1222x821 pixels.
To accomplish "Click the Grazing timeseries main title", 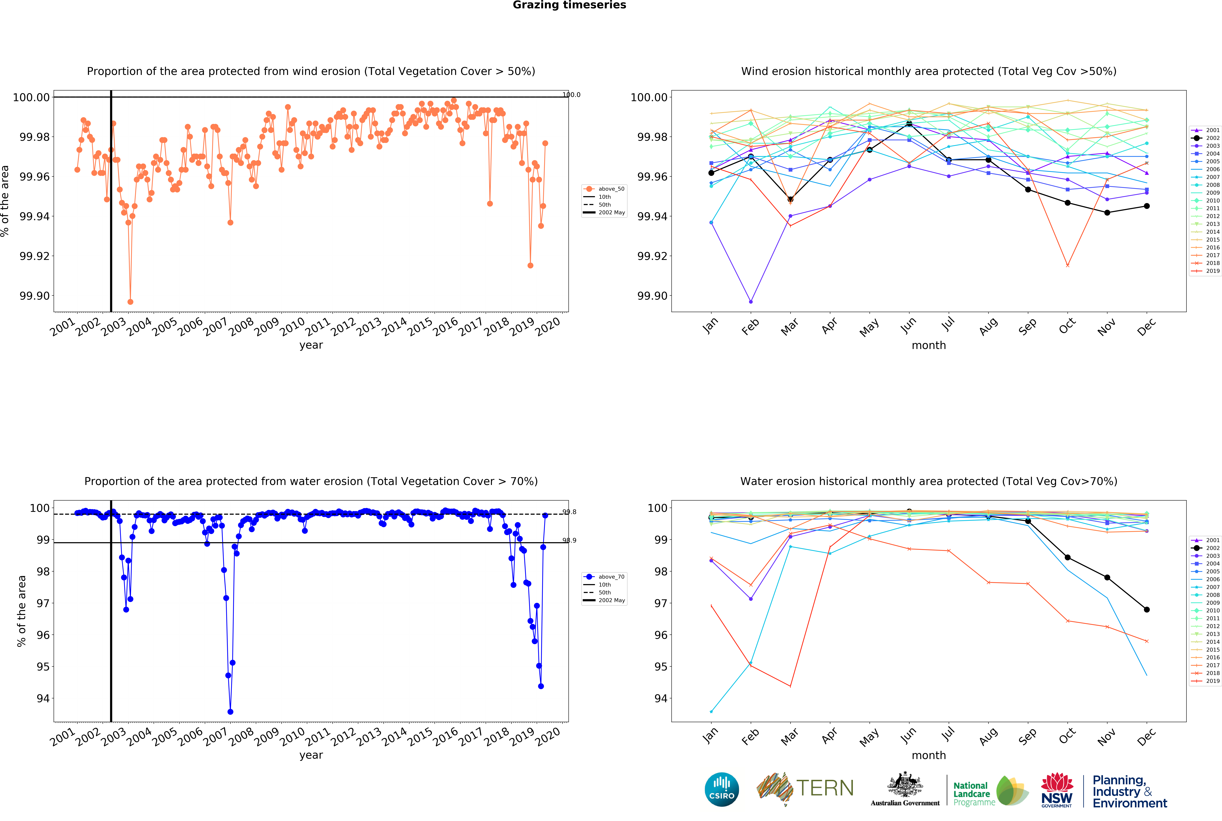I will point(569,5).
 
